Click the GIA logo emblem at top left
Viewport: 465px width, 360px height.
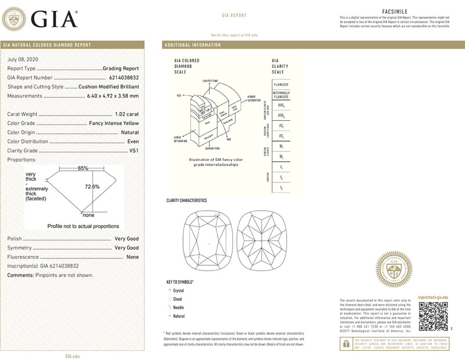15,19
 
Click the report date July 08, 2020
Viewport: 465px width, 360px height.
23,60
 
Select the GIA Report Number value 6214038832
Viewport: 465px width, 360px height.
124,77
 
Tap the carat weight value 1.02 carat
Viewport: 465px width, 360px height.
127,114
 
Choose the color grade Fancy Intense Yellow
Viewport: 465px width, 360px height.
114,124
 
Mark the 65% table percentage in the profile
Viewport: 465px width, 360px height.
83,168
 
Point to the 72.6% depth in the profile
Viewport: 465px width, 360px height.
92,187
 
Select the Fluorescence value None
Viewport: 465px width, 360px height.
133,257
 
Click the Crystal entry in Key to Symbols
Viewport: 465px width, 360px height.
178,290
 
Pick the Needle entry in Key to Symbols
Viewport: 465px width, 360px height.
178,307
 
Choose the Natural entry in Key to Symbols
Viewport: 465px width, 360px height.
178,316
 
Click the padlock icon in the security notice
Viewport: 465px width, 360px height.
345,344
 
